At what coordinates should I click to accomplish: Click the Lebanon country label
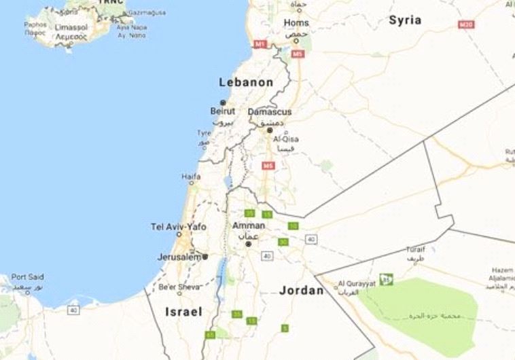(246, 82)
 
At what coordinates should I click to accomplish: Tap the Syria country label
(405, 20)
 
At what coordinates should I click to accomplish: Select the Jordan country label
(301, 290)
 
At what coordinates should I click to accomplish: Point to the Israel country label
(183, 312)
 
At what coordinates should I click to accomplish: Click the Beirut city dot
(222, 103)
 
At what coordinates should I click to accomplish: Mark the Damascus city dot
(269, 129)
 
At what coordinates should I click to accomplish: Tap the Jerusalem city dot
(205, 257)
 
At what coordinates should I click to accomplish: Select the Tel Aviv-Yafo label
(178, 227)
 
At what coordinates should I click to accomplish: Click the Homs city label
(296, 23)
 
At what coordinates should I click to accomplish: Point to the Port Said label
(27, 276)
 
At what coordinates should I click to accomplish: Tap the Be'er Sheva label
(179, 287)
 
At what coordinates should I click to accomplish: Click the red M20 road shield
(465, 25)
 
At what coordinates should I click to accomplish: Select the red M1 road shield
(260, 44)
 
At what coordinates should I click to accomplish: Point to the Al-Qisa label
(285, 139)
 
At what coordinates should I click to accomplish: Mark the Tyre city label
(203, 133)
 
